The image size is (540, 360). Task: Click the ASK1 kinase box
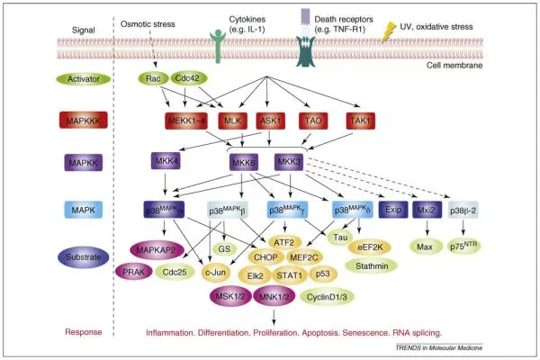coord(269,121)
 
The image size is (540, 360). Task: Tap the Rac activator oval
coord(154,80)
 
